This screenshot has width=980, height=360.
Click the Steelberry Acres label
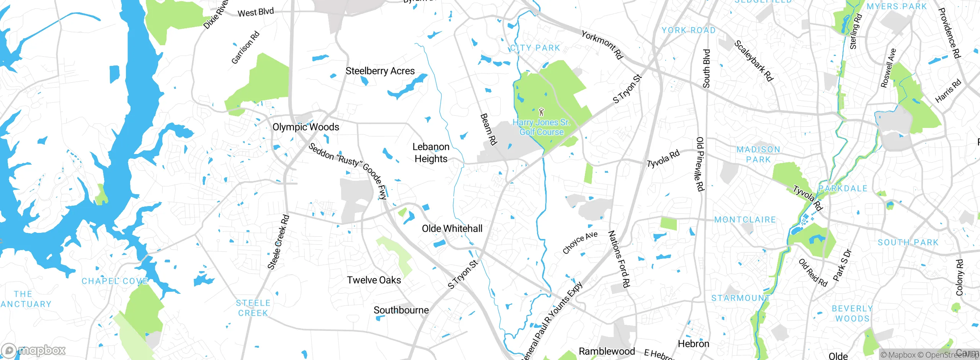pyautogui.click(x=380, y=71)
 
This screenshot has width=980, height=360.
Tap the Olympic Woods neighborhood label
pyautogui.click(x=305, y=127)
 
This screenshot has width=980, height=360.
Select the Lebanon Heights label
pyautogui.click(x=431, y=152)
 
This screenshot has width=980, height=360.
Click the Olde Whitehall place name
pyautogui.click(x=452, y=229)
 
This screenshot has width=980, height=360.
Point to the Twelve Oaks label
pyautogui.click(x=374, y=280)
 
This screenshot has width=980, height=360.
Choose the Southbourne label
pyautogui.click(x=401, y=310)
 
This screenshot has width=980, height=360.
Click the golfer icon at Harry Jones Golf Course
pyautogui.click(x=541, y=112)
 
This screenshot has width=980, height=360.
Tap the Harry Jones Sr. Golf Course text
pyautogui.click(x=541, y=127)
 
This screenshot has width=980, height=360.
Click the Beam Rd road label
pyautogui.click(x=488, y=129)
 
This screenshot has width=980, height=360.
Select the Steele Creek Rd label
pyautogui.click(x=278, y=242)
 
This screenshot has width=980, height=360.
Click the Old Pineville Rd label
pyautogui.click(x=700, y=164)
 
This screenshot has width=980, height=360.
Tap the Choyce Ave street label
pyautogui.click(x=580, y=242)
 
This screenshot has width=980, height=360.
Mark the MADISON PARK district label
pyautogui.click(x=758, y=154)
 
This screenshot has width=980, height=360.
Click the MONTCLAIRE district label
pyautogui.click(x=745, y=220)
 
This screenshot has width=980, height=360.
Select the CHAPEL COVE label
pyautogui.click(x=115, y=281)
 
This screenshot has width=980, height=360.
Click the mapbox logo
pyautogui.click(x=34, y=350)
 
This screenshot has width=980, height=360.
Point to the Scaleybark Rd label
pyautogui.click(x=753, y=61)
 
